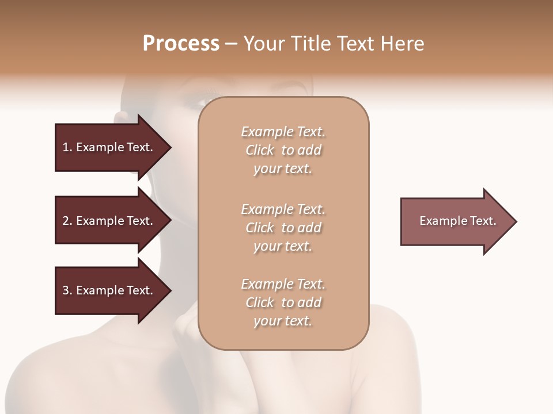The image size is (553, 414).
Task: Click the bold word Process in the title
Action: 181,43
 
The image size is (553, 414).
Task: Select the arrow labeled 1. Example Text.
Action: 108,147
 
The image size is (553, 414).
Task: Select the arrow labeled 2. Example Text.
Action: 108,221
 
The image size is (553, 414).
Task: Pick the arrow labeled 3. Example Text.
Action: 108,290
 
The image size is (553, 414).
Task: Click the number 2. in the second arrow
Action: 67,221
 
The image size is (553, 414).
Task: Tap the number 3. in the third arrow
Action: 67,290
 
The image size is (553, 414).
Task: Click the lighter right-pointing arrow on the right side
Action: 455,221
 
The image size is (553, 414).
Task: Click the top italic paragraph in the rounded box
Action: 283,150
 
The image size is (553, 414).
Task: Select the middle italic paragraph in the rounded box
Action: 283,228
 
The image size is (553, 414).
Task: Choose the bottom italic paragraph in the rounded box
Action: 283,302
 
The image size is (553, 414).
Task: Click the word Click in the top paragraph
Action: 260,150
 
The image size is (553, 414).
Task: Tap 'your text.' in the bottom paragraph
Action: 283,321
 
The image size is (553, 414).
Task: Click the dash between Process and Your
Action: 231,44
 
